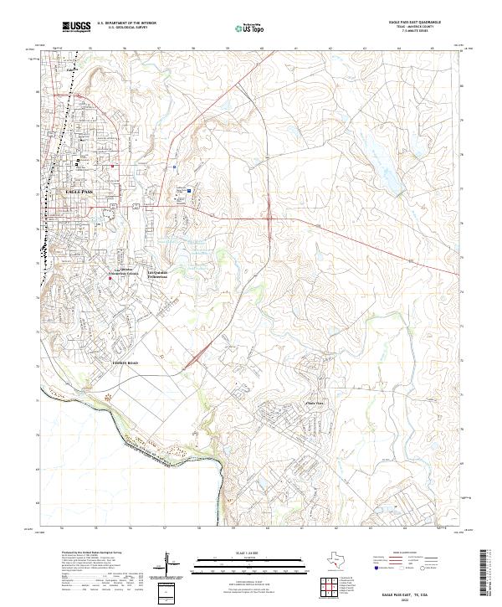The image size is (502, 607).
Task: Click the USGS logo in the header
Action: click(x=76, y=27)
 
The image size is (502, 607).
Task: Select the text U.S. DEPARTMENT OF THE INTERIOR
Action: click(x=126, y=23)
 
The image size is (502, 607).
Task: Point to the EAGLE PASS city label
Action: click(x=79, y=192)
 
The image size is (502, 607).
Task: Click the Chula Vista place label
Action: click(x=314, y=402)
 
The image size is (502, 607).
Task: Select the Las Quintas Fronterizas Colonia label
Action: click(x=121, y=272)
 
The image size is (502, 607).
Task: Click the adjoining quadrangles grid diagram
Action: click(x=332, y=588)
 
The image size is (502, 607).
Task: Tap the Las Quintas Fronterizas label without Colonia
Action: click(x=157, y=274)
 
